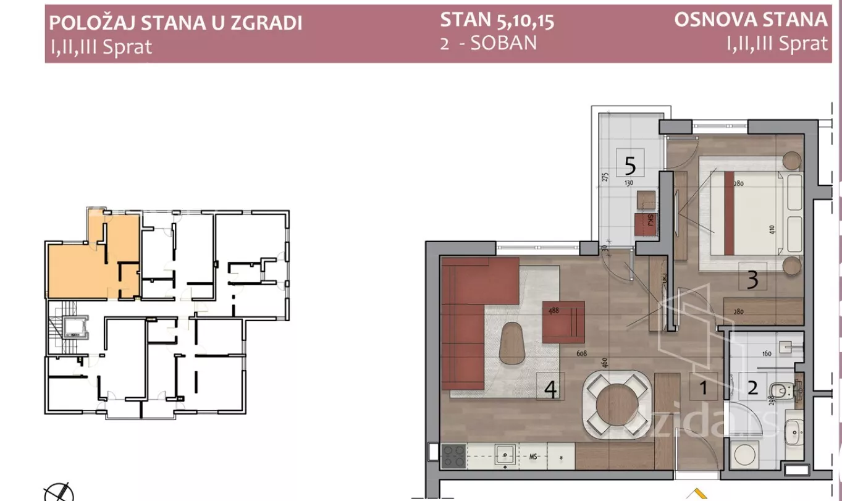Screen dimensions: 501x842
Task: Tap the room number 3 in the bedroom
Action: (752, 279)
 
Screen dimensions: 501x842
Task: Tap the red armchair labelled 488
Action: (563, 321)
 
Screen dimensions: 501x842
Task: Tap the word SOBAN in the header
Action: (503, 44)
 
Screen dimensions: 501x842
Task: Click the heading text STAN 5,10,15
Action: (497, 20)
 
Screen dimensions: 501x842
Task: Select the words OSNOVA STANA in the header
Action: (750, 20)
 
